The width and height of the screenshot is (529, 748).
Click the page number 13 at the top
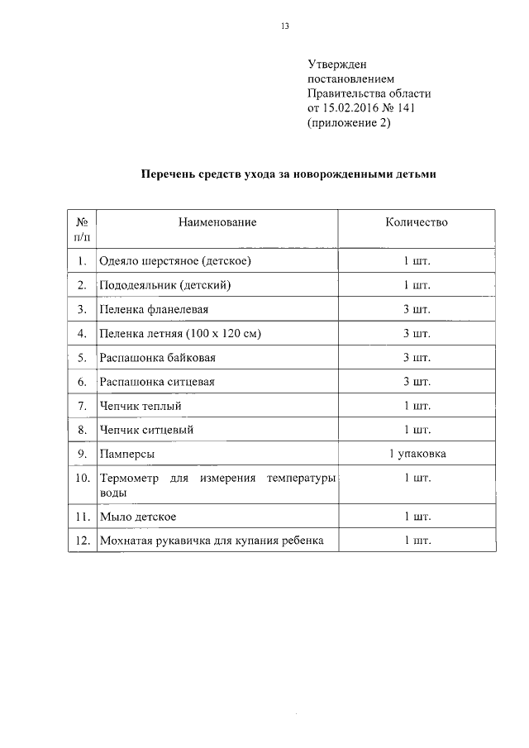pos(284,26)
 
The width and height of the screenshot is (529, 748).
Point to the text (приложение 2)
pos(348,124)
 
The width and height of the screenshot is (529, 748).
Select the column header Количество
pos(417,222)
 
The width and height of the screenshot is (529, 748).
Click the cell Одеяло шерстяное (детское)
pos(174,261)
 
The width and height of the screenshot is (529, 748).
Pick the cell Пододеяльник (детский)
pos(164,285)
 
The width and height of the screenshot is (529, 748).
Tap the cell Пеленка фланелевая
pos(153,309)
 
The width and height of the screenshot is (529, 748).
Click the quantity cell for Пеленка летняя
pos(417,334)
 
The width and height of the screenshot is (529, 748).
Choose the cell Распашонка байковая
pos(158,358)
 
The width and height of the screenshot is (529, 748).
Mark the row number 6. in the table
pos(82,382)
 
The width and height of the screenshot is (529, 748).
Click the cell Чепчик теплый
pos(140,406)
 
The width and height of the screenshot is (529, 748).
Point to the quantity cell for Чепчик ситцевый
pos(417,430)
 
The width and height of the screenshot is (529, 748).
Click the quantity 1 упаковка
pos(417,454)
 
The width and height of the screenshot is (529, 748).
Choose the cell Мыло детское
pos(137,517)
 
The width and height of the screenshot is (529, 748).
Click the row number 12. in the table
pos(82,541)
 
